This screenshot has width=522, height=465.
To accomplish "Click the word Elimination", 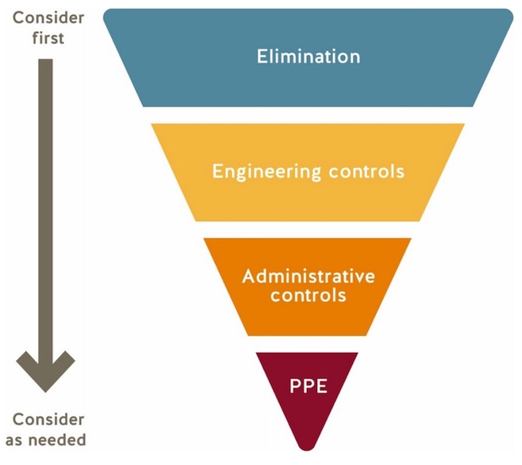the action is tap(309, 56).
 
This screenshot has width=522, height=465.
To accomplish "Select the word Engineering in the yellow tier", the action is tap(266, 172).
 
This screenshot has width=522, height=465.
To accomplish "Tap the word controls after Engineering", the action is tap(367, 171).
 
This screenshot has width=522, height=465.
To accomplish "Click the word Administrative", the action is tap(309, 276).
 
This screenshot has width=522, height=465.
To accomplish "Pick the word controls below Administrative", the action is tap(309, 295).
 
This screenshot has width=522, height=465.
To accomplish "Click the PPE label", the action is tap(309, 386).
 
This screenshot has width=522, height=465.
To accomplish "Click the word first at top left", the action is tap(48, 37).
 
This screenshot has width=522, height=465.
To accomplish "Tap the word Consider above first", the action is tap(48, 18).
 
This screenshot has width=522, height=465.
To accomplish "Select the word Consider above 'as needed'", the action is tap(48, 419).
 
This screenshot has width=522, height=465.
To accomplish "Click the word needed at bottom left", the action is tap(57, 440).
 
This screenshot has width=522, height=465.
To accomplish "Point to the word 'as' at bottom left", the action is tap(13, 441).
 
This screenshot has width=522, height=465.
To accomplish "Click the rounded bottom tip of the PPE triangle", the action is tap(307, 449).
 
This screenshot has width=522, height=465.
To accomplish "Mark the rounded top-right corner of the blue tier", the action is tap(509, 14).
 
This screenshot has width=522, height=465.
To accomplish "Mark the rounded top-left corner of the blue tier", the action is tap(107, 14).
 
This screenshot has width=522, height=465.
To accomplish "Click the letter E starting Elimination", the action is tap(261, 56).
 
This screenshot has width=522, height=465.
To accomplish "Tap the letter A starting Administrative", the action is tap(249, 276).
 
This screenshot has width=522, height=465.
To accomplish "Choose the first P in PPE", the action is tap(295, 386).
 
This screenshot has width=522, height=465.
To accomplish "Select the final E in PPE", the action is tap(322, 386).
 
